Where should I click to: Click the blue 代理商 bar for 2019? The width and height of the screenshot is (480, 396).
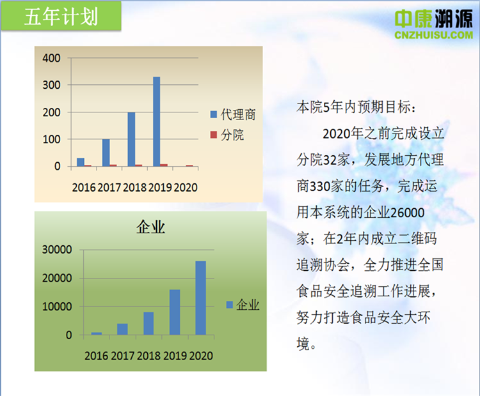[x=156, y=121]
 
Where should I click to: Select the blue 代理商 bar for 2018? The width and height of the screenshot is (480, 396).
[x=131, y=139]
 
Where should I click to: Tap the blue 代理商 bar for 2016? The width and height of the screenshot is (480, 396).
[x=81, y=162]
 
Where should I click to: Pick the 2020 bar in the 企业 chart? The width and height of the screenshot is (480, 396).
[x=201, y=298]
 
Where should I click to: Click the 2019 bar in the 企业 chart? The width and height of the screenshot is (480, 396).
[x=175, y=312]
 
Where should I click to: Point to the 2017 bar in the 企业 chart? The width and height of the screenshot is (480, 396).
[x=122, y=329]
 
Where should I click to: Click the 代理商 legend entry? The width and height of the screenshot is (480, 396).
[x=233, y=114]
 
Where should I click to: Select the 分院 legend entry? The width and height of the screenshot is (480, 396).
[x=227, y=135]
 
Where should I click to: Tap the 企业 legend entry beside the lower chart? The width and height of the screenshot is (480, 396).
[x=243, y=305]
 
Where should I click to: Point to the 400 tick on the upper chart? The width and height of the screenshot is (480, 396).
[x=51, y=57]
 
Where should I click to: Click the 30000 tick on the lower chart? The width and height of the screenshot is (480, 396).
[x=57, y=250]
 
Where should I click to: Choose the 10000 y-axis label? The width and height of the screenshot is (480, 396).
[x=57, y=307]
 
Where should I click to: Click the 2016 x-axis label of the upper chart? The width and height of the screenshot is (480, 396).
[x=84, y=187]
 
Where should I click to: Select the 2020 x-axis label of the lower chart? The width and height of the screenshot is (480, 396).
[x=201, y=356]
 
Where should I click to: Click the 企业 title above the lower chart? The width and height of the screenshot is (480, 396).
[x=150, y=227]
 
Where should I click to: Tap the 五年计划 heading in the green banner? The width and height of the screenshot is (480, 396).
[x=61, y=17]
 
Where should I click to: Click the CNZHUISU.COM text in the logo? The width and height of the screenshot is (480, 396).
[x=434, y=35]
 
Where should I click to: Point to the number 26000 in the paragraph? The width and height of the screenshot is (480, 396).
[x=408, y=212]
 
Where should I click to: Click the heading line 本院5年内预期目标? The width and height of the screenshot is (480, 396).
[x=356, y=107]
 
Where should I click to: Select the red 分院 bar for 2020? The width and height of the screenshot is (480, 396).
[x=189, y=165]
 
